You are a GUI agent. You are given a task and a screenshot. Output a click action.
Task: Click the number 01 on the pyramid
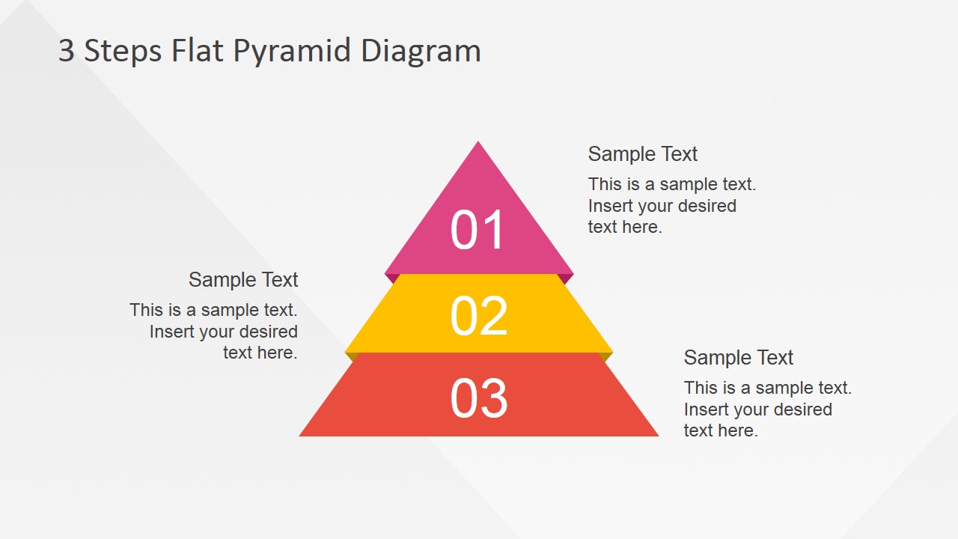(478, 230)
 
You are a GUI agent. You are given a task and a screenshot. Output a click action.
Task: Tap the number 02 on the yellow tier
(479, 316)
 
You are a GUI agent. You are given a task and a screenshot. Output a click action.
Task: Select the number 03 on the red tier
(479, 398)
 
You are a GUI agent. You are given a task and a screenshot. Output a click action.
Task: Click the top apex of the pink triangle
(478, 143)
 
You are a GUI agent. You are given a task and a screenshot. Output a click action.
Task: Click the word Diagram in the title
(421, 51)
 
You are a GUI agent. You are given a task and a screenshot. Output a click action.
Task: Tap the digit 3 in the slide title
(67, 51)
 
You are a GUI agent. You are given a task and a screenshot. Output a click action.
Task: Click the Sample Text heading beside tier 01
(642, 154)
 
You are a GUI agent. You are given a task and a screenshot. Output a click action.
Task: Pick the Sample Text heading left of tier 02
(243, 280)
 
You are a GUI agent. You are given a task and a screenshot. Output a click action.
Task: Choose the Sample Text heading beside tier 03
(738, 358)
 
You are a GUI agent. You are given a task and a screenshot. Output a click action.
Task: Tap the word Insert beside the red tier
(704, 409)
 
